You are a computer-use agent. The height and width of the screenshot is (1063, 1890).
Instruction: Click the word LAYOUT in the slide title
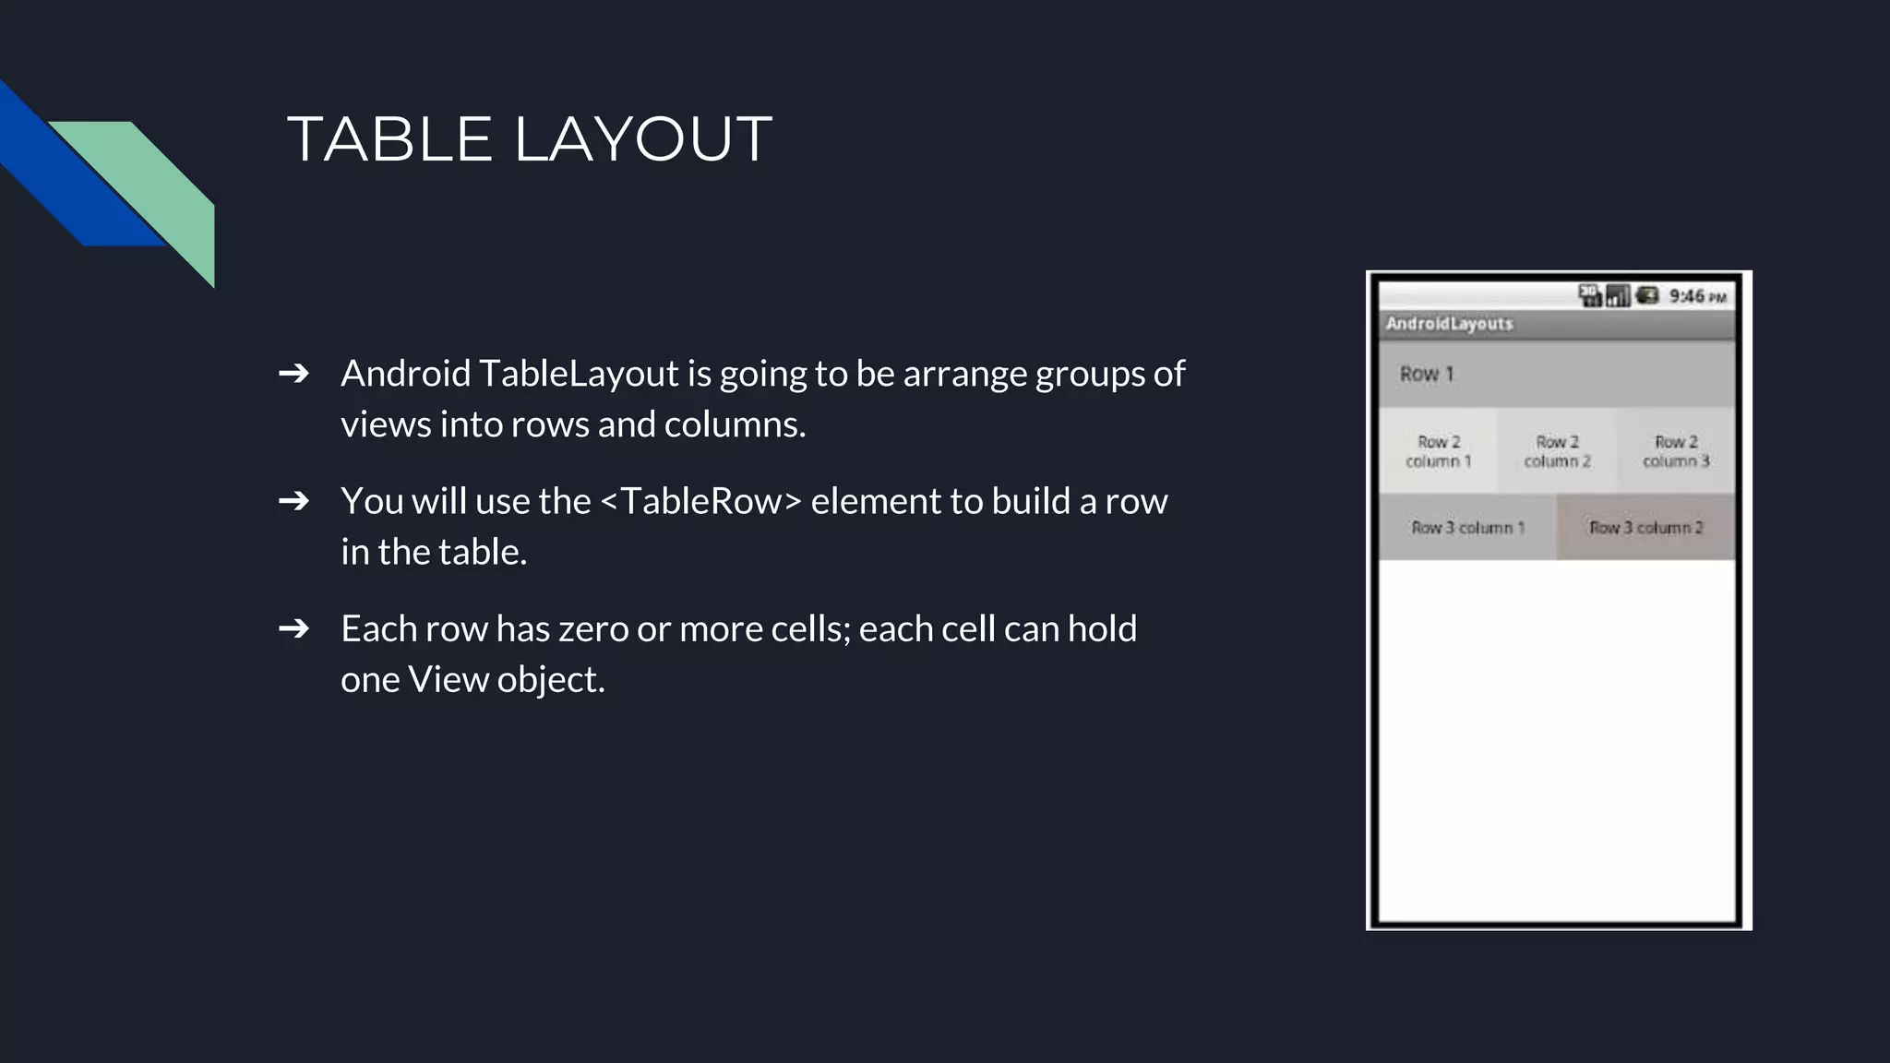tap(642, 140)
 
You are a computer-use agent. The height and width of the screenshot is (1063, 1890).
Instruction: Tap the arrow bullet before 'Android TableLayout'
tap(293, 374)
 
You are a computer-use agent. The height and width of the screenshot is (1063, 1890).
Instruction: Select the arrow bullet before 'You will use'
tap(293, 501)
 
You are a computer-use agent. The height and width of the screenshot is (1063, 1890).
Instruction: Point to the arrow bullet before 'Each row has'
tap(293, 628)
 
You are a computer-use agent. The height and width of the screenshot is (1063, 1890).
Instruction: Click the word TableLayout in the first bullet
tap(579, 374)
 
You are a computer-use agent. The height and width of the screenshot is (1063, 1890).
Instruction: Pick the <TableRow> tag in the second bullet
tap(701, 501)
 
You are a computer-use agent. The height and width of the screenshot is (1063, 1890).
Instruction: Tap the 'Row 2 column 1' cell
tap(1438, 451)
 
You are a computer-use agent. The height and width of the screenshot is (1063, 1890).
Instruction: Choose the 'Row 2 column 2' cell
tap(1557, 451)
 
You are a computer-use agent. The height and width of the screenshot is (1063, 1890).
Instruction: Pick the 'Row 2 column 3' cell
tap(1676, 451)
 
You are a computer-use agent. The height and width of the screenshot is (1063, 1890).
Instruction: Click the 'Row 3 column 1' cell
tap(1467, 528)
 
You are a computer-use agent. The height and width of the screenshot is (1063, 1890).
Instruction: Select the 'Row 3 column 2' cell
tap(1645, 528)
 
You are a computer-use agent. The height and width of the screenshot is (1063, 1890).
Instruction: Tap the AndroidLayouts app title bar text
tap(1449, 324)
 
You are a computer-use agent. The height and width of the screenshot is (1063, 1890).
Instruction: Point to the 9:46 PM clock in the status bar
tap(1696, 296)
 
